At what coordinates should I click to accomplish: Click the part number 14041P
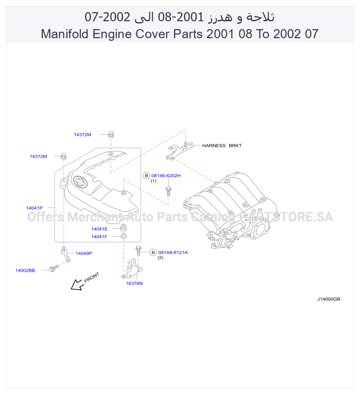[x=35, y=208]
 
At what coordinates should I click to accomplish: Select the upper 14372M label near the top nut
[x=82, y=135]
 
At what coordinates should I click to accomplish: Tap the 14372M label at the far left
[x=38, y=156]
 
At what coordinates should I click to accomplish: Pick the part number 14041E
[x=99, y=229]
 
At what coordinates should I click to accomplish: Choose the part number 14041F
[x=99, y=237]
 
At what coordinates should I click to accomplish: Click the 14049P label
[x=84, y=253]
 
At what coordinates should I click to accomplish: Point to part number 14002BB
[x=25, y=270]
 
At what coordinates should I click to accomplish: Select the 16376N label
[x=134, y=283]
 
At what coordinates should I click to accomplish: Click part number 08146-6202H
[x=166, y=176]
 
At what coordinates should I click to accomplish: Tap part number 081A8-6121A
[x=173, y=253]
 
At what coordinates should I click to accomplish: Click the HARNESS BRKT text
[x=222, y=145]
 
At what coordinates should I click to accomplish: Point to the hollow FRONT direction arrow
[x=76, y=285]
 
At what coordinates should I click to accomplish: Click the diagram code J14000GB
[x=328, y=299]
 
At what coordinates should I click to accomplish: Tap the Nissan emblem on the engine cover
[x=80, y=182]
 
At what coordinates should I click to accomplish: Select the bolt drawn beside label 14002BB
[x=54, y=269]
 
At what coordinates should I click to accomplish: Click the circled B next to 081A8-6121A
[x=153, y=253]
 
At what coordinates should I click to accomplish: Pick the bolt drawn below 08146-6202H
[x=168, y=191]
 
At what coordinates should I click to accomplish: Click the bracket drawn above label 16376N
[x=132, y=269]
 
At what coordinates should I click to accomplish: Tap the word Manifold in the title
[x=65, y=34]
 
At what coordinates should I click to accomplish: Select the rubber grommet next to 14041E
[x=123, y=228]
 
